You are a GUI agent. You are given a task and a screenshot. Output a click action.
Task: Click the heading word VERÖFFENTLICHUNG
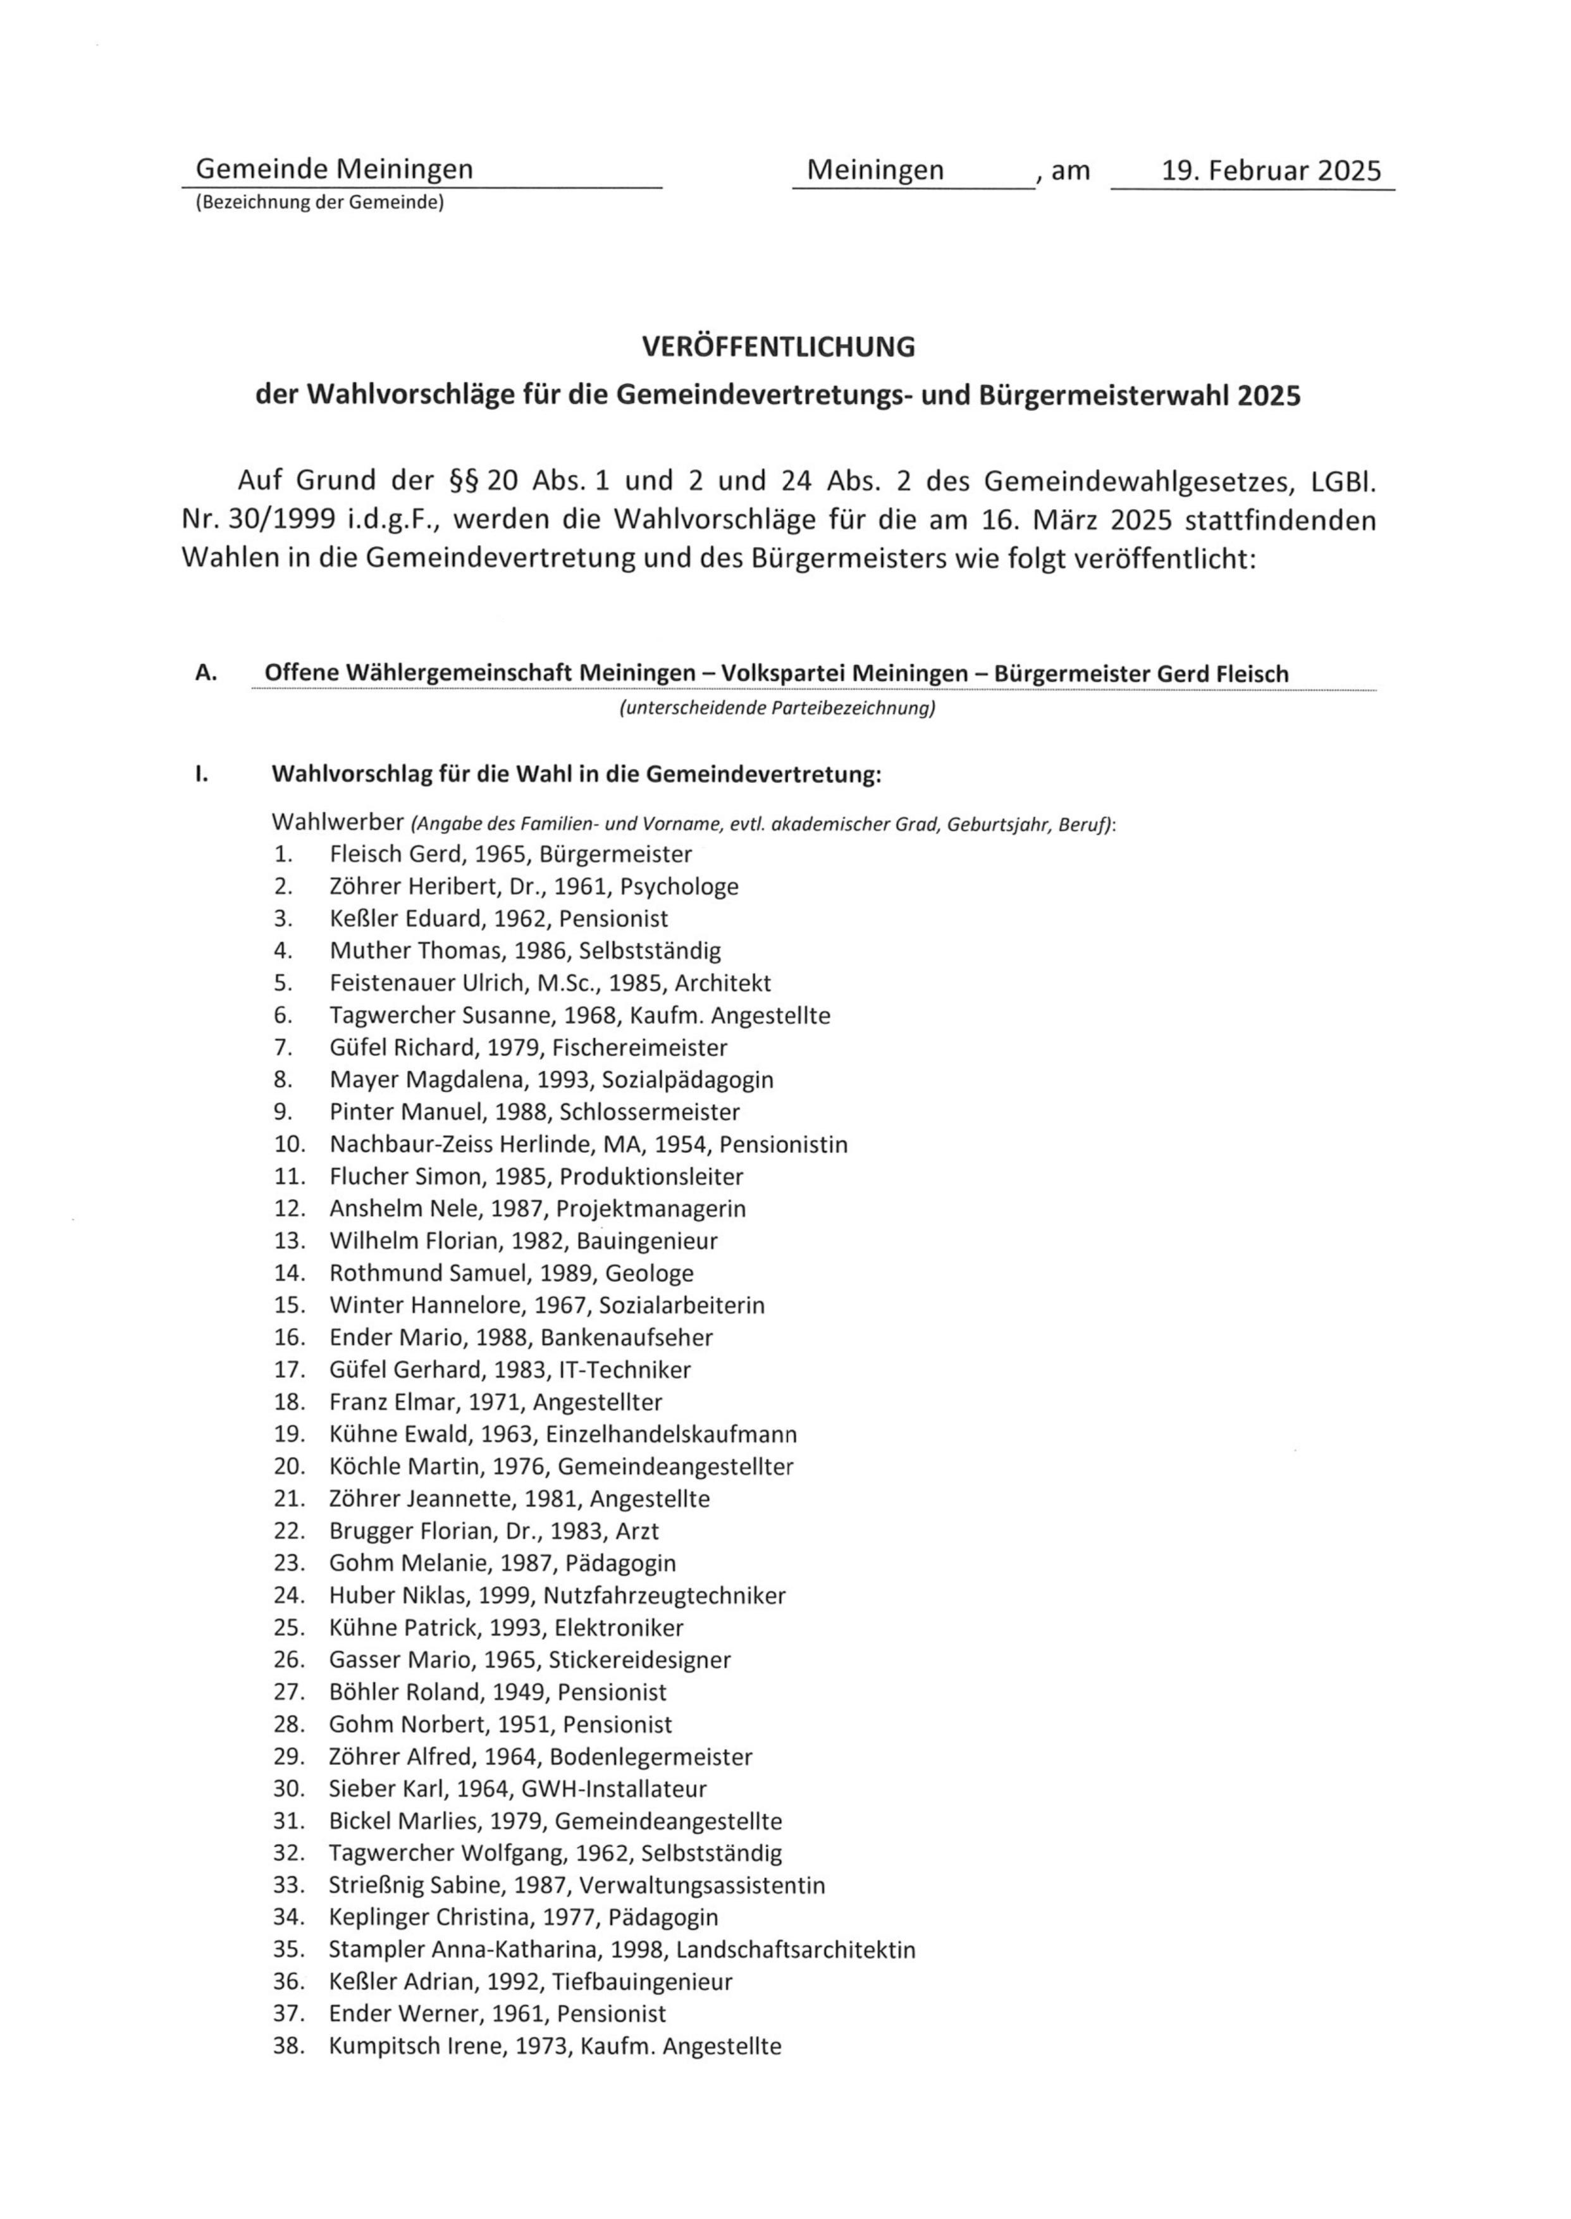pyautogui.click(x=779, y=347)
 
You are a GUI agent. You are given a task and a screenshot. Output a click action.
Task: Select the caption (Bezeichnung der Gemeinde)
pyautogui.click(x=319, y=203)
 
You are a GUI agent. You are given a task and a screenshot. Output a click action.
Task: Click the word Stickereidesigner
pyautogui.click(x=639, y=1660)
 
